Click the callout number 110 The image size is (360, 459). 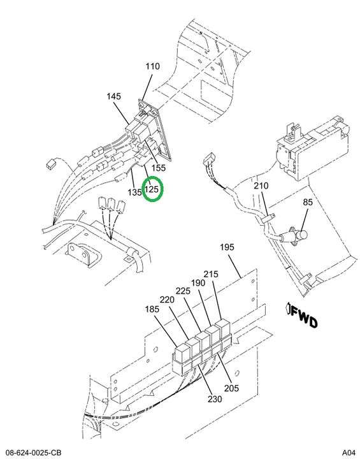[x=153, y=66]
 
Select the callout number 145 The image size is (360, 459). [x=113, y=96]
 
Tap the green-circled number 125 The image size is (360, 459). [x=152, y=189]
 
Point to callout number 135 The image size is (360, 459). [x=134, y=193]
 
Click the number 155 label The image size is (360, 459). [x=159, y=168]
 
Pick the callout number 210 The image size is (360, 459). [x=261, y=186]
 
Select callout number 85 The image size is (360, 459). [x=308, y=202]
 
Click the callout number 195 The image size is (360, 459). [x=227, y=247]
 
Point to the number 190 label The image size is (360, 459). [x=198, y=283]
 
